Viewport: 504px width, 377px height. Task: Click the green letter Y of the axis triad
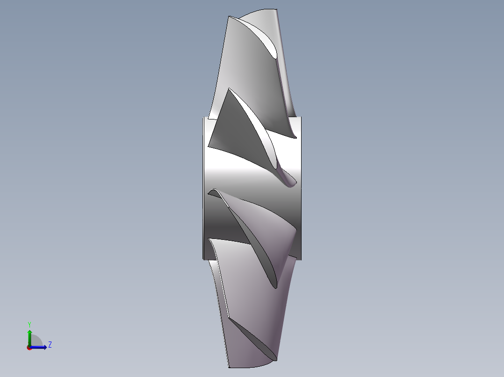[29, 324]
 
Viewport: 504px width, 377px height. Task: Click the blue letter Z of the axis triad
[50, 345]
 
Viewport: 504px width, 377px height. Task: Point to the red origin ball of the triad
[29, 348]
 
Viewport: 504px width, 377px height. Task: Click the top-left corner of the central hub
[203, 118]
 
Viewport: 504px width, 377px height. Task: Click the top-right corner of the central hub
[301, 117]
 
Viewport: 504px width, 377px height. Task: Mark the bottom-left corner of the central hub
[203, 258]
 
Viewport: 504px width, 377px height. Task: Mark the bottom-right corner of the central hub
[301, 259]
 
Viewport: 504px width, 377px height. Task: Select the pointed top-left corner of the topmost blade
[229, 17]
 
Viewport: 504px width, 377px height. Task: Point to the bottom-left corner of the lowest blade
[229, 366]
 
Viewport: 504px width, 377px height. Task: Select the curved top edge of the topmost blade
[257, 12]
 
